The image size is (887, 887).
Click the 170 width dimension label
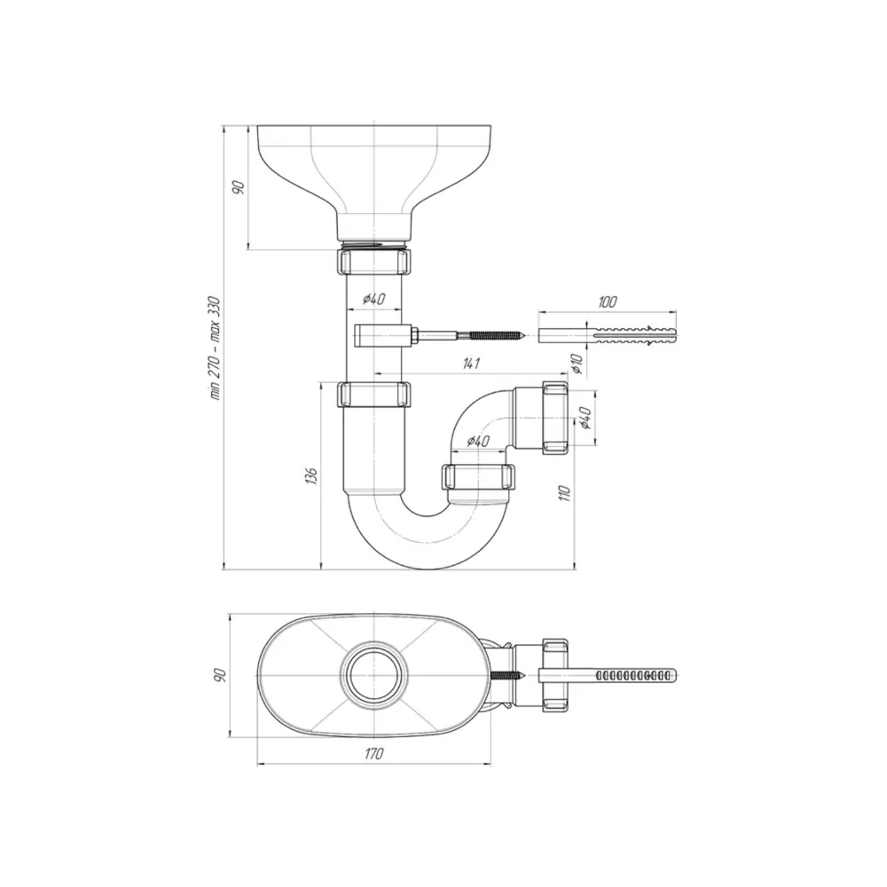point(373,754)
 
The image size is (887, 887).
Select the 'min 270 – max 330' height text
point(213,349)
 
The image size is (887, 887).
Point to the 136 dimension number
point(309,476)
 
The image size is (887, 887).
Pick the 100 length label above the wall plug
point(608,302)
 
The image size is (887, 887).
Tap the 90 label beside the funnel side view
point(237,187)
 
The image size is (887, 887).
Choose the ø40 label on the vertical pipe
point(373,299)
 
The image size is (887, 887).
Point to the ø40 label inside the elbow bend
point(478,441)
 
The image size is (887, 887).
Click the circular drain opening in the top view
point(374,675)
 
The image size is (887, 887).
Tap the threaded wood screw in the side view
point(475,336)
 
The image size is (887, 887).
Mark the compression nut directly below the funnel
point(374,263)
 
